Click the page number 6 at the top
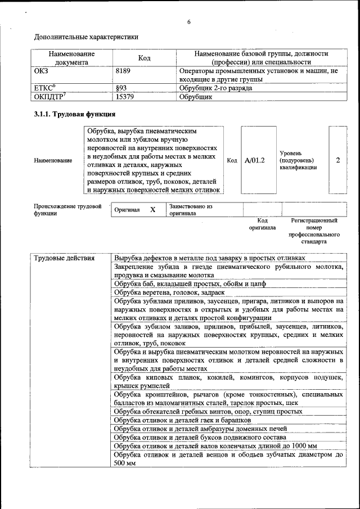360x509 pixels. [189, 22]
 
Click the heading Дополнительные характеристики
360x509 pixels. [86, 37]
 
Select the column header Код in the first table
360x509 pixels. [144, 58]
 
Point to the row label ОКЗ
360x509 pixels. [42, 71]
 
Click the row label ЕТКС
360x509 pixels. [45, 88]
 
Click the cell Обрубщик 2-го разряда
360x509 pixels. [215, 88]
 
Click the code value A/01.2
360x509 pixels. [255, 160]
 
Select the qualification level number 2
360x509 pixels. [338, 160]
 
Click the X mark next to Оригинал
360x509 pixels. [152, 209]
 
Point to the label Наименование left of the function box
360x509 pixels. [53, 161]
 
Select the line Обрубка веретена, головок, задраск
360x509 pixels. [169, 292]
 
